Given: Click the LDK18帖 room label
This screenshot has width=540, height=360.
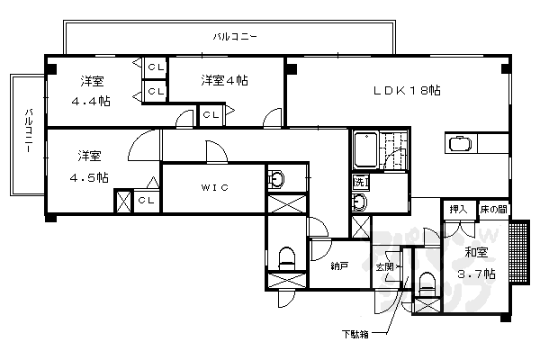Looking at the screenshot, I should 408,90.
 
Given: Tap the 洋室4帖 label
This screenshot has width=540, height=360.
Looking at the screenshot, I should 224,79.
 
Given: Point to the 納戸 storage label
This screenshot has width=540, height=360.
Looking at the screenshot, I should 338,265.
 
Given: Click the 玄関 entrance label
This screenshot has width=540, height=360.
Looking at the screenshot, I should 385,266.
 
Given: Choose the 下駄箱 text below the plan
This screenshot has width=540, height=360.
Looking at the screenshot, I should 354,335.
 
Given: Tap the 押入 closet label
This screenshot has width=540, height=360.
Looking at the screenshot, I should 458,210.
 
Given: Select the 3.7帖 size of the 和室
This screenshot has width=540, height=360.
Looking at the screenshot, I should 476,274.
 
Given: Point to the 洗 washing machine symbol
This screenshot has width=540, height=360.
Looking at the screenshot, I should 360,182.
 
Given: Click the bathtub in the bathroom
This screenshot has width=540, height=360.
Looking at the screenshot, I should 366,148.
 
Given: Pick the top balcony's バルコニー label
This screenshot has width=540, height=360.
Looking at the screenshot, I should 235,37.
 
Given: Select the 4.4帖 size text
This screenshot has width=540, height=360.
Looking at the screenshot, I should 91,102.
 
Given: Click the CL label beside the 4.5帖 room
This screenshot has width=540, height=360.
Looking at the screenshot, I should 145,201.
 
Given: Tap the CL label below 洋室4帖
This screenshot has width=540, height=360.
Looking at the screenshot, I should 211,114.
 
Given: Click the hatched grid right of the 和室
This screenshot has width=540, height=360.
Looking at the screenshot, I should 518,251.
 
